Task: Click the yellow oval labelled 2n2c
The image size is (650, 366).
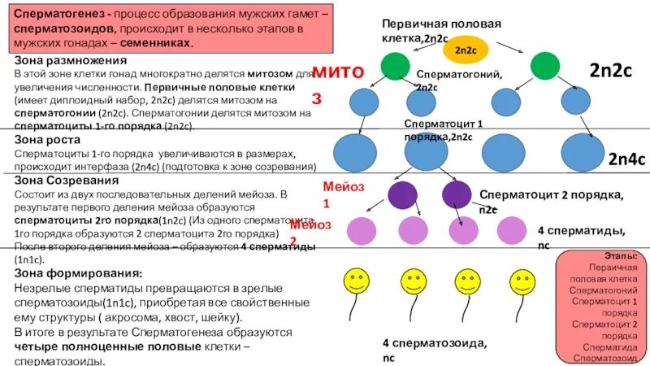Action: [466, 50]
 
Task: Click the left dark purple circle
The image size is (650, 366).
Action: [401, 194]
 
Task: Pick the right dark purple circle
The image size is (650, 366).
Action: [456, 194]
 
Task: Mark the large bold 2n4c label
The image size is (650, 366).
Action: [626, 160]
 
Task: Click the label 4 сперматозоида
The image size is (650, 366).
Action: [435, 342]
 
